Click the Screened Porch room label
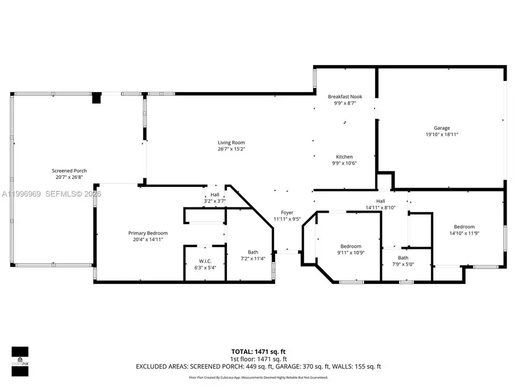(69, 171)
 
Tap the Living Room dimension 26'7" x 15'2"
(231, 149)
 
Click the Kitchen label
(344, 157)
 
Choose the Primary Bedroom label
(148, 233)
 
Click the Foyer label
(287, 213)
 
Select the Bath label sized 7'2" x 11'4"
(253, 252)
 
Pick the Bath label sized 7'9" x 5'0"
(403, 258)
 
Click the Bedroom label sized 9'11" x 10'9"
(350, 246)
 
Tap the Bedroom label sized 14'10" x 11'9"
(464, 226)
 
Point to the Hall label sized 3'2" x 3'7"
(214, 195)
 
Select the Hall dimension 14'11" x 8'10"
(380, 208)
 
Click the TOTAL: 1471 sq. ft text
(258, 351)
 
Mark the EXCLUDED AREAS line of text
(258, 366)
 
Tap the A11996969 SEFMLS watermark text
(51, 194)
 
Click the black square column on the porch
(97, 98)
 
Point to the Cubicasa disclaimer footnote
(258, 378)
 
